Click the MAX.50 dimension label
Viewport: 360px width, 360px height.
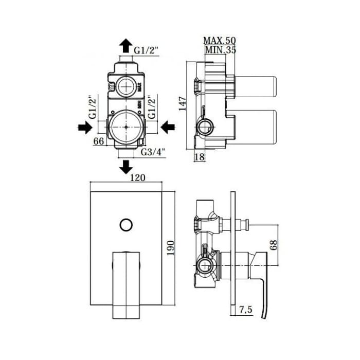[x=220, y=41]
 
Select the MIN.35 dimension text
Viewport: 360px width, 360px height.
[x=221, y=50]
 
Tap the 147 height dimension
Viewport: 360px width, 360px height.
[x=183, y=104]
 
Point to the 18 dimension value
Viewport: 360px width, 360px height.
[x=200, y=157]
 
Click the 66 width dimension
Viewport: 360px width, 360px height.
[x=99, y=141]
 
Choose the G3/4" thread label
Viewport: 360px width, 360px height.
[x=153, y=152]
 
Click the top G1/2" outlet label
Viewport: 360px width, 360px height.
[x=147, y=50]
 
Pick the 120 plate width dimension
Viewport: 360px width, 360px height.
[x=138, y=178]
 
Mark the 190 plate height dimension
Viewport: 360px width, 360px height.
[x=171, y=248]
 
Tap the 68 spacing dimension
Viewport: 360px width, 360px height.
[x=274, y=245]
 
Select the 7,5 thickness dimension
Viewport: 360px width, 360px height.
[x=246, y=310]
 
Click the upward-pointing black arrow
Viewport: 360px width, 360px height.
[x=126, y=46]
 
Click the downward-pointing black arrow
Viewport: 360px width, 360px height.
[x=126, y=167]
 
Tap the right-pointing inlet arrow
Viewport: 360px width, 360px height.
[x=85, y=127]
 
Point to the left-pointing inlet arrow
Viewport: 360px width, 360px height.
[x=168, y=127]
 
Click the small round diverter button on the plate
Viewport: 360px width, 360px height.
[x=127, y=225]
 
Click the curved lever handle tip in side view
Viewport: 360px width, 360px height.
[x=264, y=317]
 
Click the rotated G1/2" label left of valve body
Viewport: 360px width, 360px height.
[x=93, y=107]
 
